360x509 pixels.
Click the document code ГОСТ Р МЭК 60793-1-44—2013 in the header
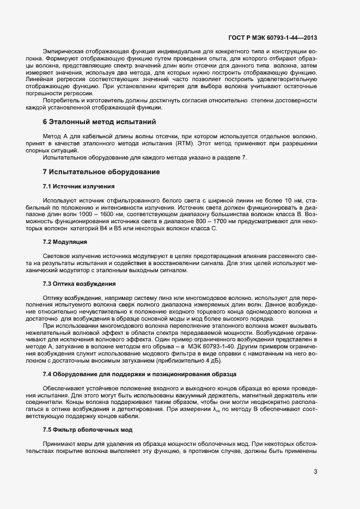point(272,39)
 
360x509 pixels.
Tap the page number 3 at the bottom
point(315,471)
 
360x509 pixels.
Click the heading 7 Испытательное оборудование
point(101,172)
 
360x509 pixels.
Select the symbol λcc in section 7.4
point(217,409)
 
